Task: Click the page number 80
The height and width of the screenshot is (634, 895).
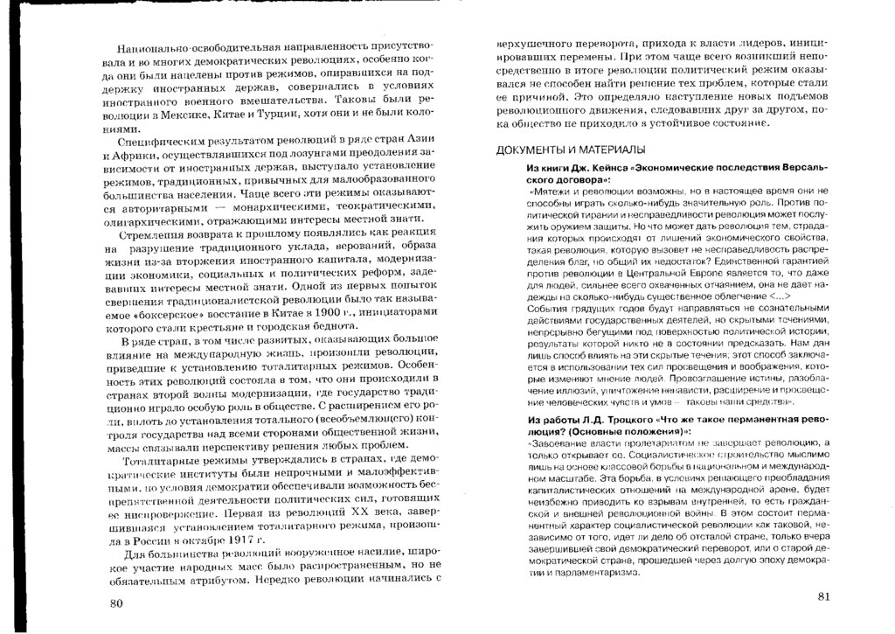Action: [x=117, y=603]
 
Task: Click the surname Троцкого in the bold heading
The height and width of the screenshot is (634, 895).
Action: [x=621, y=422]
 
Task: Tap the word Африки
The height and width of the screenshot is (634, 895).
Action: [x=139, y=154]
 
